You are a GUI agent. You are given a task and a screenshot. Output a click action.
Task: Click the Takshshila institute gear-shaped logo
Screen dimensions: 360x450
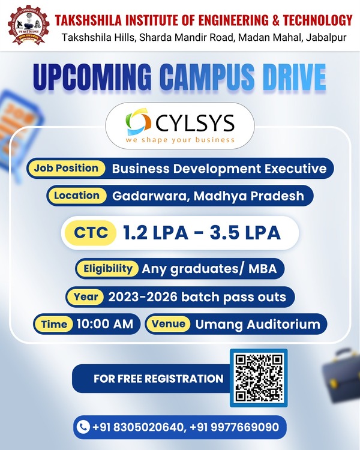28,25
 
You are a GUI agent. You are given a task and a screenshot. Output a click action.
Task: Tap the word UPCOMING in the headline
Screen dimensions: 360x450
92,77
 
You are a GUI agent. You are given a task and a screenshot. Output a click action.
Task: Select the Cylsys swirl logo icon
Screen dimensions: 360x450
139,122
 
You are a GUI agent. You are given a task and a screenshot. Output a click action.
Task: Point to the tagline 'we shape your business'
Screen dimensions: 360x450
180,140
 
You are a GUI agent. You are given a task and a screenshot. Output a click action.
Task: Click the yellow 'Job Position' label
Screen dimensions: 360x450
66,168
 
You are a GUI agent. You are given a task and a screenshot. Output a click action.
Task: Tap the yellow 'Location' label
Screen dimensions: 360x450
77,196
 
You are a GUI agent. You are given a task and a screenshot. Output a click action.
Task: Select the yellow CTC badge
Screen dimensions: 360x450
91,232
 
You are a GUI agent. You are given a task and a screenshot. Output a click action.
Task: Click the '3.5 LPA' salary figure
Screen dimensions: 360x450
245,232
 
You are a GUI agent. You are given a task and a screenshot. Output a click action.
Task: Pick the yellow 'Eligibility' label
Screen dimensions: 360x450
108,269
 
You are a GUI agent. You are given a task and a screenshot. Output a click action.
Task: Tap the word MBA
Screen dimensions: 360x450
262,269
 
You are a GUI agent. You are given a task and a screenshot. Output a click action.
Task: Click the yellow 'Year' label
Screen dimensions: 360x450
86,296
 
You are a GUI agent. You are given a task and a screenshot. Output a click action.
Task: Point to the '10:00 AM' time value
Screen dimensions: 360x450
105,324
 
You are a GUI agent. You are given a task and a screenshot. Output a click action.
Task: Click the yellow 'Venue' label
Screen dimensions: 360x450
169,324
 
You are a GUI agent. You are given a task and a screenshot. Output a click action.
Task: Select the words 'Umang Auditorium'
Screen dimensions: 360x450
257,324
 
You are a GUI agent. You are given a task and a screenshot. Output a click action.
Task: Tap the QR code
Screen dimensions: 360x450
259,377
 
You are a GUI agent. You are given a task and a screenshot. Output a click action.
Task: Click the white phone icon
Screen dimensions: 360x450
83,427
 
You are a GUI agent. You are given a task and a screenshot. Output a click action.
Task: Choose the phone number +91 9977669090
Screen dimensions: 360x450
234,427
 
